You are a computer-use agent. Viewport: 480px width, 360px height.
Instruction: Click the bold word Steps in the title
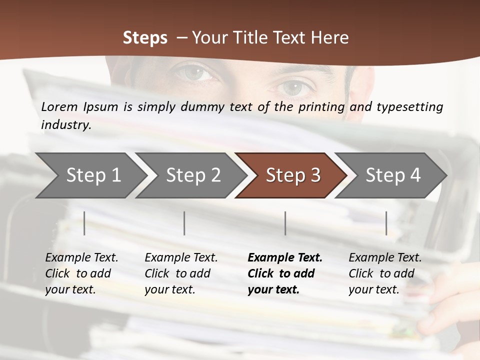tap(145, 37)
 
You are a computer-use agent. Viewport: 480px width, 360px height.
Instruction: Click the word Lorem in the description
tap(59, 106)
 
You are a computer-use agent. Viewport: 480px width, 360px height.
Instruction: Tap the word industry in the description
tap(66, 124)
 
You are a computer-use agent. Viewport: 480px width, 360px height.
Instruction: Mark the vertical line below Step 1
tap(84, 223)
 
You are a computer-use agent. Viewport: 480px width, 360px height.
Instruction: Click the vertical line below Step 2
tap(184, 223)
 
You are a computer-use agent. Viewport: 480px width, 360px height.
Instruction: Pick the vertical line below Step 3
tap(285, 223)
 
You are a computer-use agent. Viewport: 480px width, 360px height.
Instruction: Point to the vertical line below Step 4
tap(386, 223)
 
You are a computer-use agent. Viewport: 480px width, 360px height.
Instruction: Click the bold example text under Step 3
tap(284, 273)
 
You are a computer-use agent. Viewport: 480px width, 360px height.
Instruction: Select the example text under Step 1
tap(81, 273)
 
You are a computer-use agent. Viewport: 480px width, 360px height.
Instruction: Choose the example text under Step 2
tap(181, 273)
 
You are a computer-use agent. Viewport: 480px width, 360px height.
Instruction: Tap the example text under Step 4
tap(385, 273)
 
